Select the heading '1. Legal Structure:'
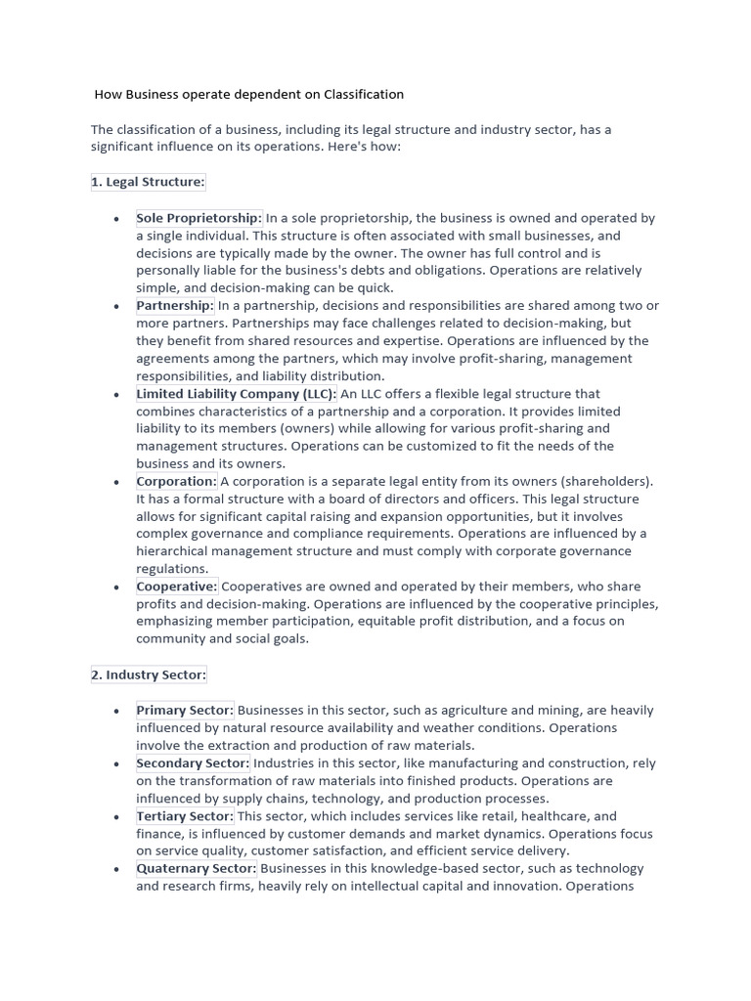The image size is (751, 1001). pos(148,183)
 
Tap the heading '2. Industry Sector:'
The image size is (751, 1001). pos(149,675)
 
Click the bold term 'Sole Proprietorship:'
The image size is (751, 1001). pos(199,218)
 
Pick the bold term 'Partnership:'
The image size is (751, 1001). pos(175,306)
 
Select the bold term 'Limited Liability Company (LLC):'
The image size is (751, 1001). pos(236,394)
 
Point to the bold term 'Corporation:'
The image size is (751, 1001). pos(176,482)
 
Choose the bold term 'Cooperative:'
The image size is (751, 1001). pos(177,588)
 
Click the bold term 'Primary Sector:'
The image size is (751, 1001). pos(185,711)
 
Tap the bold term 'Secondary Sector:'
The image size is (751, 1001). pos(193,763)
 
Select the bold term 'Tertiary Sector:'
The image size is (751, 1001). pos(185,816)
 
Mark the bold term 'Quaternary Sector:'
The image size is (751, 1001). pos(197,869)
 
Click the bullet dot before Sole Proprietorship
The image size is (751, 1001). pos(117,219)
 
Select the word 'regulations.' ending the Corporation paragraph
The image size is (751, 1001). pos(172,569)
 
